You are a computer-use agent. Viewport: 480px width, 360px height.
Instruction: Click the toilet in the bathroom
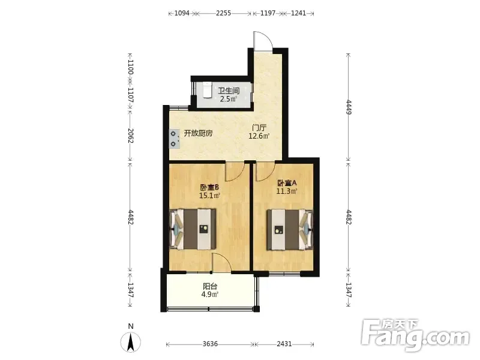pyautogui.click(x=207, y=89)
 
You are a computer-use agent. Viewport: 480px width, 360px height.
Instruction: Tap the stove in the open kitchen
pyautogui.click(x=174, y=139)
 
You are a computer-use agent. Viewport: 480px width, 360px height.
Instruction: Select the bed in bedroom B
pyautogui.click(x=193, y=229)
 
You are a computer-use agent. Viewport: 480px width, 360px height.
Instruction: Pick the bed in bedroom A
pyautogui.click(x=290, y=230)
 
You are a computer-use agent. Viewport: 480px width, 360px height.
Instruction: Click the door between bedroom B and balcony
pyautogui.click(x=221, y=263)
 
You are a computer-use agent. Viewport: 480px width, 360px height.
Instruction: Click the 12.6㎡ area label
pyautogui.click(x=259, y=136)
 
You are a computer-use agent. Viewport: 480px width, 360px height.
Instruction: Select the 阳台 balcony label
pyautogui.click(x=210, y=287)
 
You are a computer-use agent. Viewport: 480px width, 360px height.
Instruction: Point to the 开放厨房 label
pyautogui.click(x=198, y=133)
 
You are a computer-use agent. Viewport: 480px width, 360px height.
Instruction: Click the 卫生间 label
pyautogui.click(x=229, y=91)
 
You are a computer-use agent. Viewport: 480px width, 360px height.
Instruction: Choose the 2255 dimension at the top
pyautogui.click(x=223, y=13)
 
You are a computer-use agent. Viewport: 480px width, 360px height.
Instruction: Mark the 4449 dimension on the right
pyautogui.click(x=349, y=107)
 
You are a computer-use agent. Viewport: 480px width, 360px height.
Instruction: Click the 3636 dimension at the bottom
pyautogui.click(x=210, y=344)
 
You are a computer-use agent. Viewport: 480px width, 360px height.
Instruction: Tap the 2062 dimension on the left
pyautogui.click(x=130, y=136)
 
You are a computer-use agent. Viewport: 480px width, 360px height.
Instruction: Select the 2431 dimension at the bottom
pyautogui.click(x=284, y=344)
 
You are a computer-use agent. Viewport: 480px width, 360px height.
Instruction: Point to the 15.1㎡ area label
pyautogui.click(x=209, y=196)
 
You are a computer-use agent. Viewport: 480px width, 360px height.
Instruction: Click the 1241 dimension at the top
pyautogui.click(x=298, y=13)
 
